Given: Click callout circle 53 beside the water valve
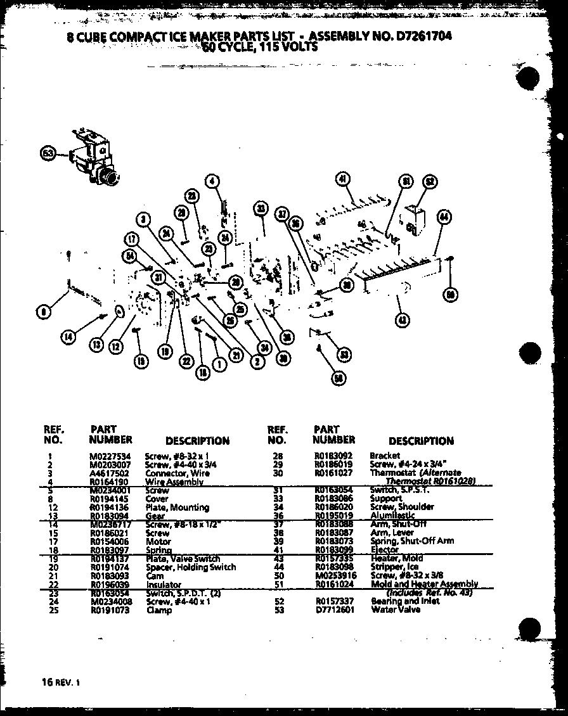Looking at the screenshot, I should click(x=46, y=153).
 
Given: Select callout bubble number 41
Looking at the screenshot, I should click(x=342, y=180).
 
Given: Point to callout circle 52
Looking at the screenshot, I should click(x=429, y=182).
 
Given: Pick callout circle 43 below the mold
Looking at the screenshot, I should click(x=401, y=320).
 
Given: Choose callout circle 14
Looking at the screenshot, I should click(x=68, y=337).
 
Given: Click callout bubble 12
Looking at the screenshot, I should click(x=115, y=347).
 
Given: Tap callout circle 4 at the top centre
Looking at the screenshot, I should click(x=212, y=181).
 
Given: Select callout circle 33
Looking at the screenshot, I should click(x=260, y=208).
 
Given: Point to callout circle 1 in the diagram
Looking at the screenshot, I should click(x=219, y=364).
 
